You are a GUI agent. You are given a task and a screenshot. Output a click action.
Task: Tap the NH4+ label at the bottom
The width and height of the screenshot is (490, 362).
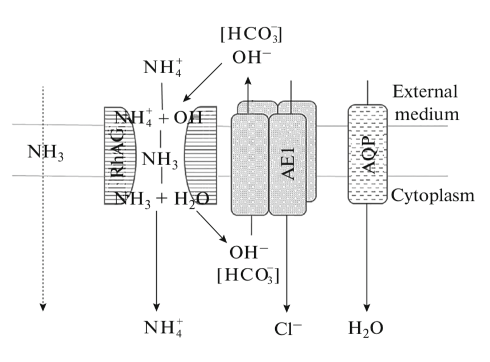point(164,328)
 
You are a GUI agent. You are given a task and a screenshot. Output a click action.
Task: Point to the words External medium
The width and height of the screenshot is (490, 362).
point(426,103)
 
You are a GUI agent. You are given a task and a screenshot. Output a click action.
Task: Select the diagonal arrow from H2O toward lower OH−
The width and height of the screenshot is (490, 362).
point(210,228)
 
